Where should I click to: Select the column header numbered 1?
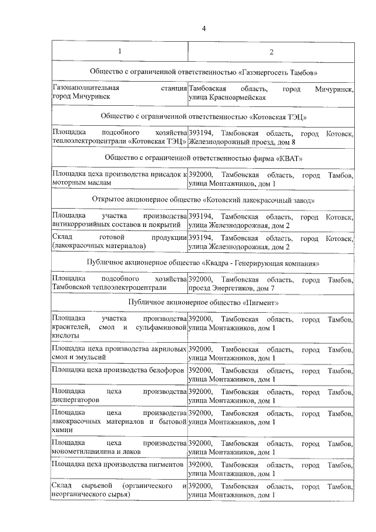(x=120, y=52)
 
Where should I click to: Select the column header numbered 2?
(x=271, y=52)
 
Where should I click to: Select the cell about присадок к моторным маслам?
(x=119, y=179)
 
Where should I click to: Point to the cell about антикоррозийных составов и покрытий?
(x=119, y=221)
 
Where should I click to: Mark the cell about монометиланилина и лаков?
(x=119, y=447)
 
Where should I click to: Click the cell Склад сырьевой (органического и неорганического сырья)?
(x=119, y=490)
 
